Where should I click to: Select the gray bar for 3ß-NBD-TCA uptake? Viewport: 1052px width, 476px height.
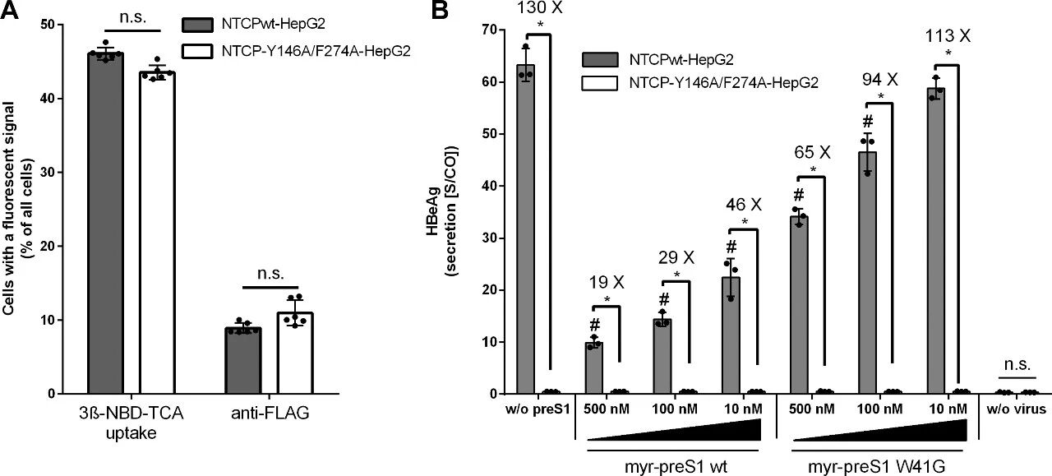coord(105,222)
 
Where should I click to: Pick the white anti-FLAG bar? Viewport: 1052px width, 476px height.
coord(293,353)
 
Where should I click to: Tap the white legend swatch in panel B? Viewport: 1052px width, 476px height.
coord(599,82)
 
